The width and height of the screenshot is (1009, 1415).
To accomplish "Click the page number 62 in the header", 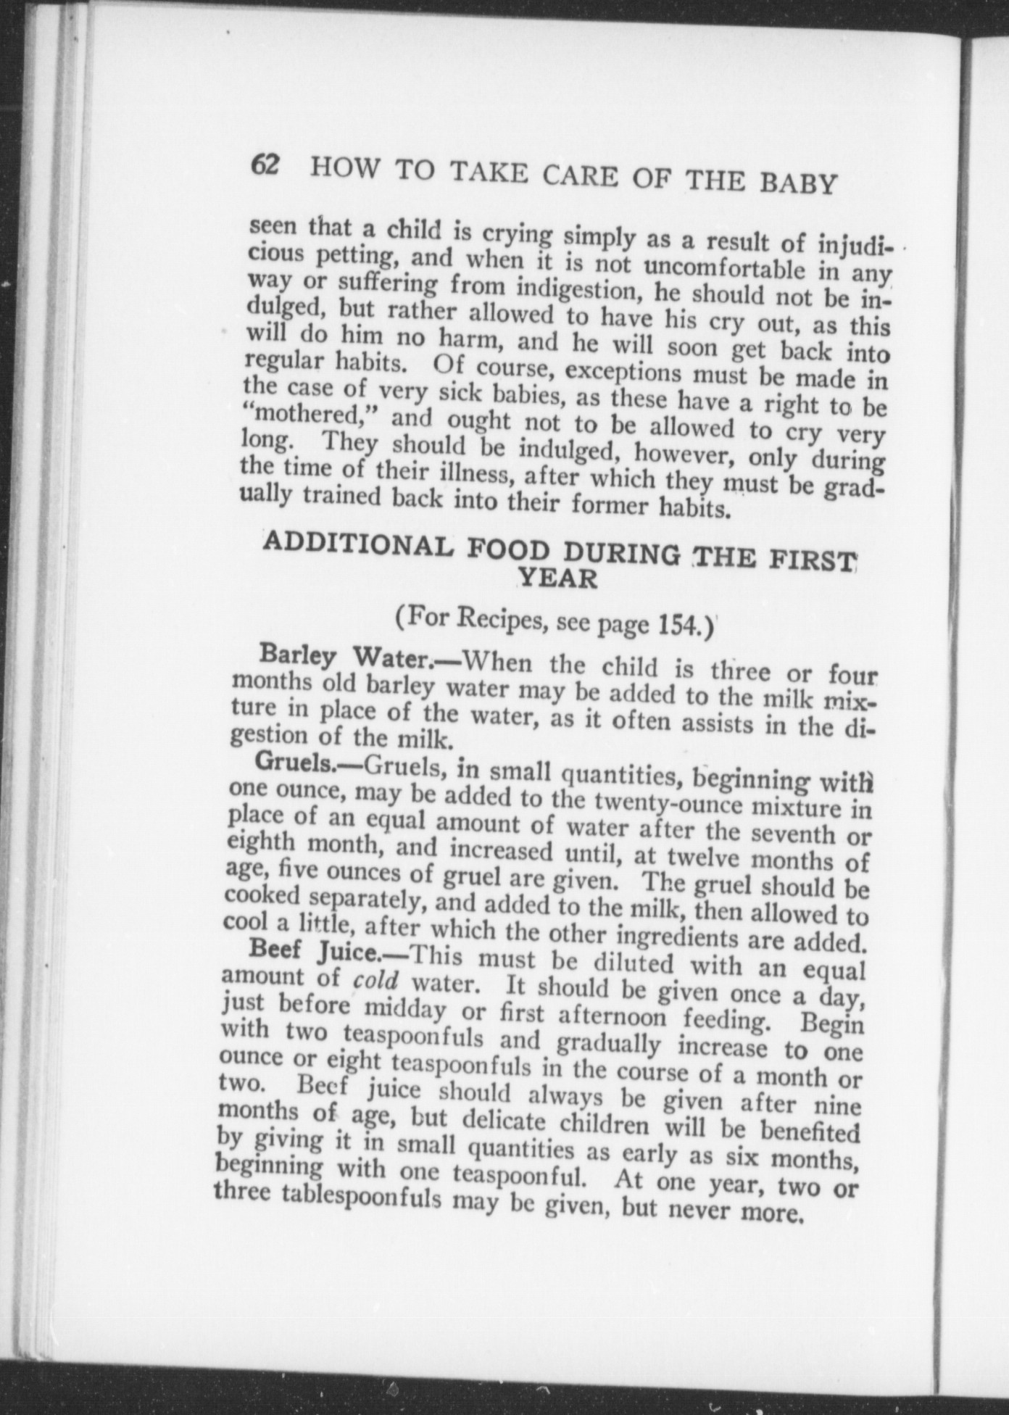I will click(265, 165).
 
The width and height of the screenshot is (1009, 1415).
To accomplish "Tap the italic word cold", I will click(375, 981).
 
